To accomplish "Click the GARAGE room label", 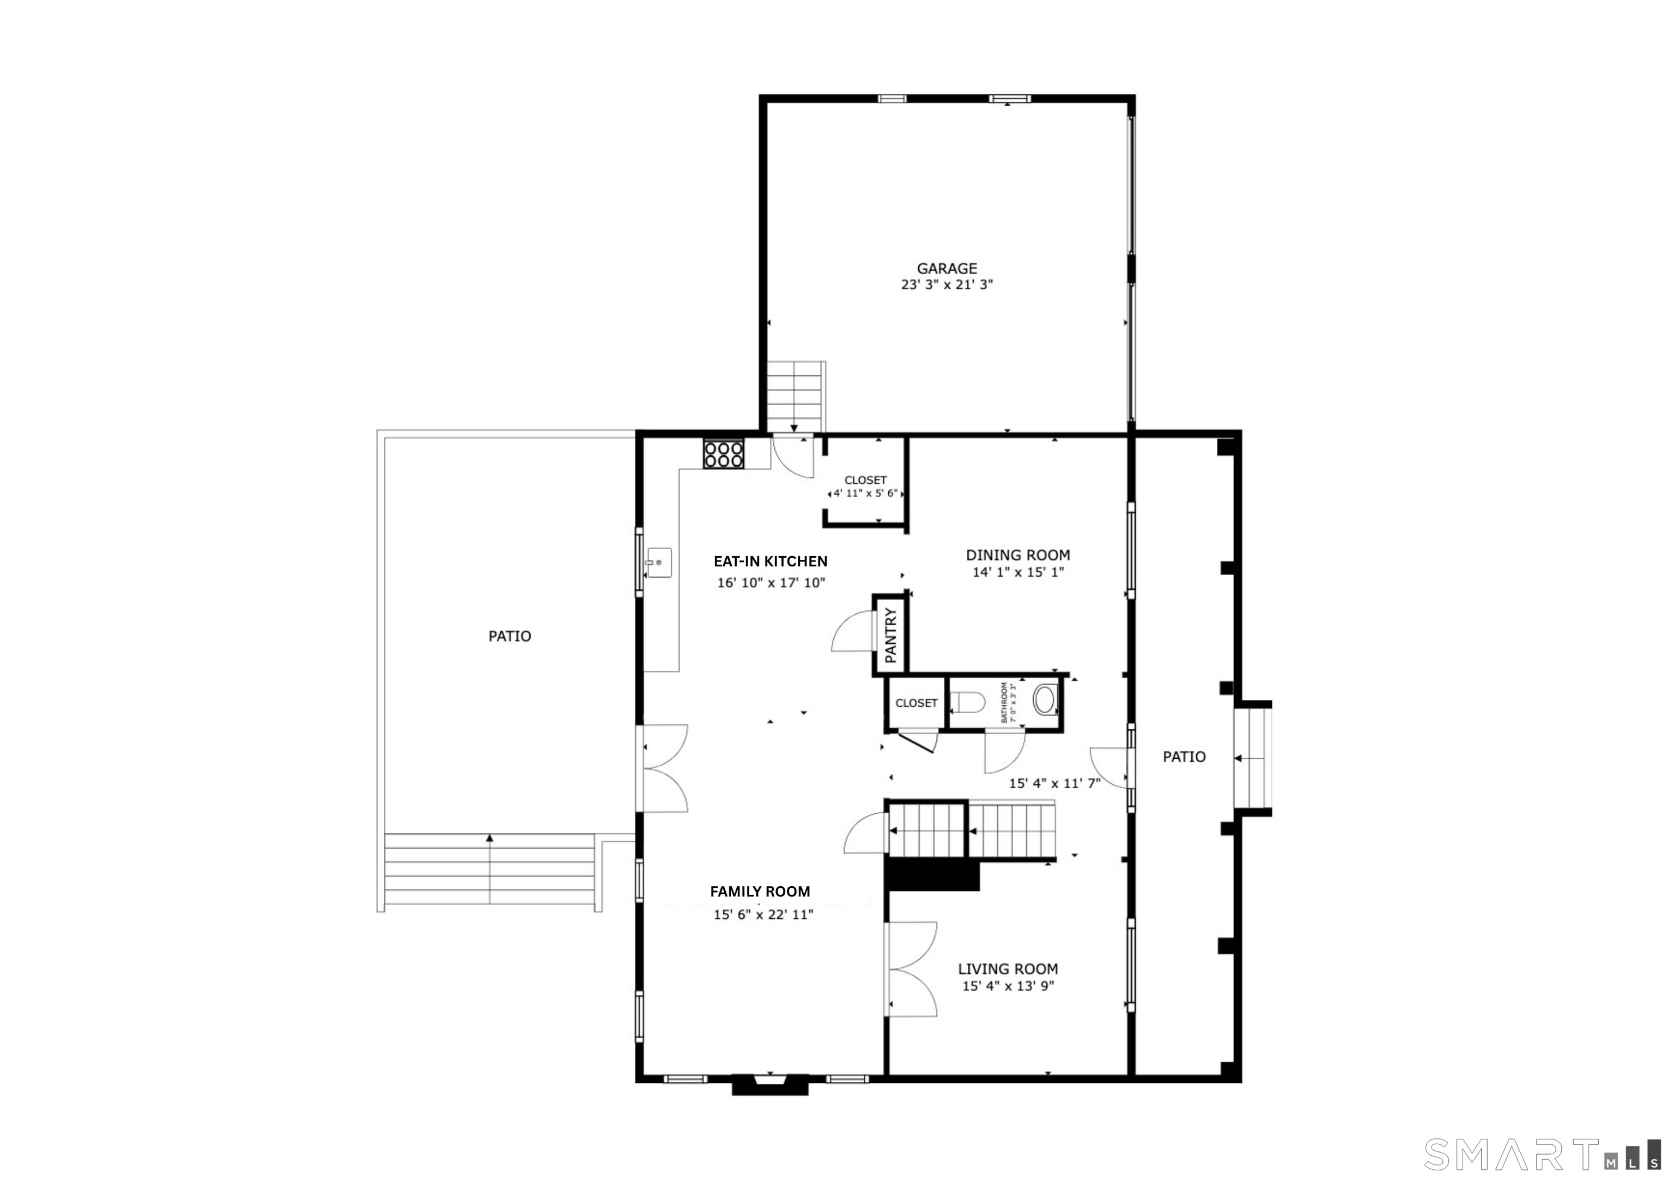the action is click(947, 268).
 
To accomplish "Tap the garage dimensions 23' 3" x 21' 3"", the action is click(947, 285).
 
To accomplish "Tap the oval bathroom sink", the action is click(1044, 699).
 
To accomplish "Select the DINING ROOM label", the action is click(1018, 556).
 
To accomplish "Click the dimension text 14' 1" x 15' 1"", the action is click(1018, 572).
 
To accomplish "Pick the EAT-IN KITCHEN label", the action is click(770, 561).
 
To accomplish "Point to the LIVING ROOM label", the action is click(1008, 969).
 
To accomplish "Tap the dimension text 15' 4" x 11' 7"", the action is click(1054, 784).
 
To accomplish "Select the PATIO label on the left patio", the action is click(510, 636).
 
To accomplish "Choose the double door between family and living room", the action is click(911, 969).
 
